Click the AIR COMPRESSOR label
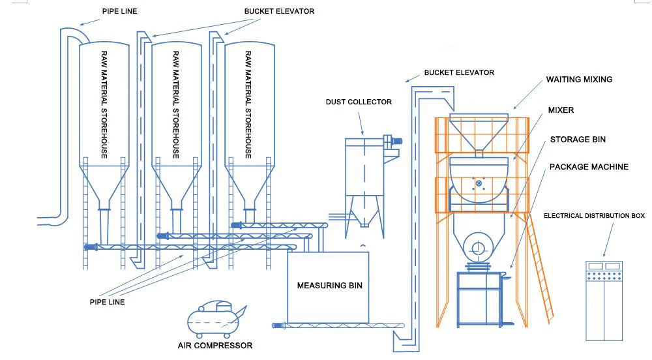pos(215,346)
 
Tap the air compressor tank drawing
pos(214,320)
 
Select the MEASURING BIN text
pos(330,286)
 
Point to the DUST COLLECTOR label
pos(359,102)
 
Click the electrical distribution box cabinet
pos(604,301)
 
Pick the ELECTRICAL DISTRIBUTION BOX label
pos(594,216)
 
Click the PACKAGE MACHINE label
pos(589,167)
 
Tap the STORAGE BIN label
pos(578,140)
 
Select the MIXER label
pos(561,110)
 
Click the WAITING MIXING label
pos(579,80)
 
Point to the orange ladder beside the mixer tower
pos(540,268)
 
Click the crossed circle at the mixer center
pos(479,183)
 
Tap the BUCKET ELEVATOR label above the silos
pos(280,11)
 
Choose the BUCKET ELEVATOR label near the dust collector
pos(459,72)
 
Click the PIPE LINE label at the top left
pos(120,11)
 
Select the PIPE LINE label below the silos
pos(108,302)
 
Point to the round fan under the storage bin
pos(477,248)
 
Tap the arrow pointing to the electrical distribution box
pos(608,240)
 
